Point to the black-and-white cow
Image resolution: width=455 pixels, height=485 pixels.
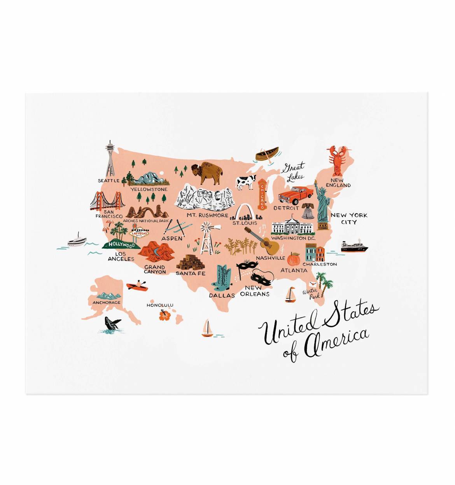pyautogui.click(x=247, y=182)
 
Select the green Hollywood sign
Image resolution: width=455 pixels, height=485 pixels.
pyautogui.click(x=121, y=245)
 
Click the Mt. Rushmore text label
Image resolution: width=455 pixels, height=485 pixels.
pyautogui.click(x=207, y=215)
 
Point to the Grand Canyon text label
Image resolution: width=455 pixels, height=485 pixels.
pyautogui.click(x=155, y=269)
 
